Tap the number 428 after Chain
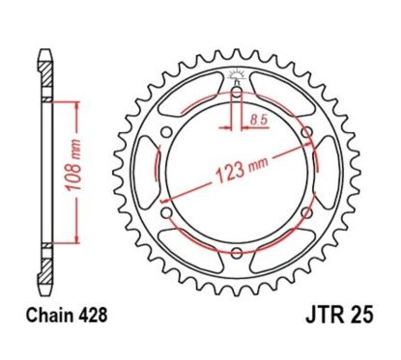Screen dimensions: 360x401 (x=91, y=314)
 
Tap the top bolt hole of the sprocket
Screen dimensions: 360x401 (x=237, y=92)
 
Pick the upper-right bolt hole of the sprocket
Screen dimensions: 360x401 (x=306, y=132)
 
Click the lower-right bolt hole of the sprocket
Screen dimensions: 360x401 (x=306, y=212)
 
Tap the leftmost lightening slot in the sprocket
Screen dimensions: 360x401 (x=148, y=172)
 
